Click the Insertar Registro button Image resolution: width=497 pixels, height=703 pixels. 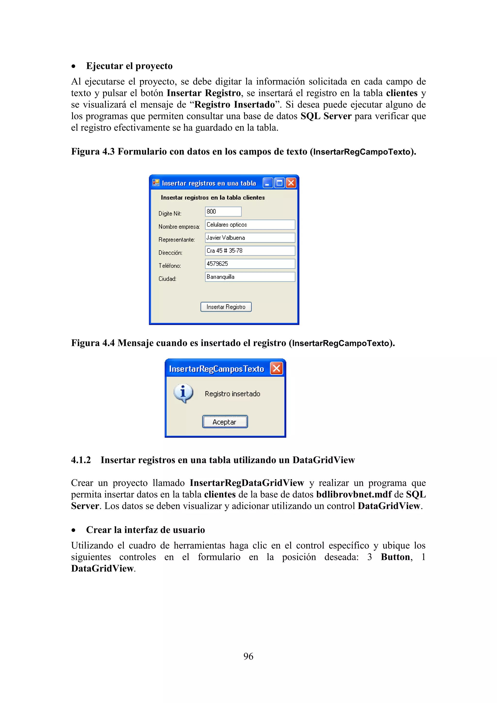point(226,307)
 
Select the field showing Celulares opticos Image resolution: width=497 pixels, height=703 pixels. point(250,225)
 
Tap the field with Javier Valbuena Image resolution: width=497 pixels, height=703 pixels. point(250,238)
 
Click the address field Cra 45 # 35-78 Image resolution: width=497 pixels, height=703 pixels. point(250,251)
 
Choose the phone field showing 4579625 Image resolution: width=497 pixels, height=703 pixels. point(250,264)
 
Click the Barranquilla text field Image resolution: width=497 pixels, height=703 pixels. point(250,277)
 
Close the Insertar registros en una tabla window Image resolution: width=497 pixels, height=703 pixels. point(291,183)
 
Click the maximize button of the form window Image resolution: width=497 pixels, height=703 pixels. point(279,183)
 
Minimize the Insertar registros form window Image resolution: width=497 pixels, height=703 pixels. point(268,183)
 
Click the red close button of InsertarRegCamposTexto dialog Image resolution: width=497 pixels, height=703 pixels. point(276,368)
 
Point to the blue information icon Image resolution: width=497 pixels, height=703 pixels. point(183,393)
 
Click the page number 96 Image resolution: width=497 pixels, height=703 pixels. point(248,656)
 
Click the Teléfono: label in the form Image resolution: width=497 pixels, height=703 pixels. point(170,266)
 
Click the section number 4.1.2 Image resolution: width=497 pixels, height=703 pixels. point(81,460)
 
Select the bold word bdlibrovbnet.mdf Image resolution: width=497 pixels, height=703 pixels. point(354,494)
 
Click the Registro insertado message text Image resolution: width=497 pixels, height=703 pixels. point(232,394)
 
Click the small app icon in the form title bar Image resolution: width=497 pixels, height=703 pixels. point(156,183)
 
